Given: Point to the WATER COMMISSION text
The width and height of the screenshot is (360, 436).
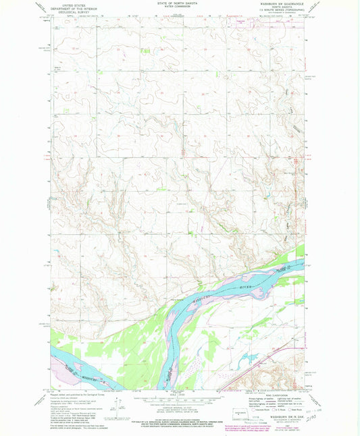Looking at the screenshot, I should pyautogui.click(x=180, y=9).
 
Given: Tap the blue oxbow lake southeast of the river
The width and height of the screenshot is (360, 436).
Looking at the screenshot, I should pyautogui.click(x=249, y=358).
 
